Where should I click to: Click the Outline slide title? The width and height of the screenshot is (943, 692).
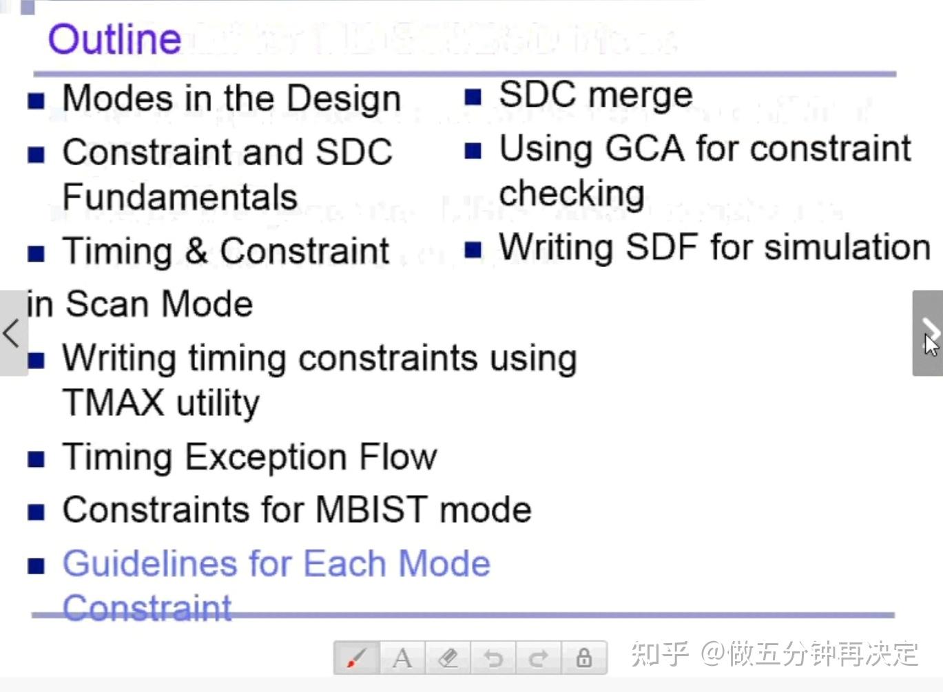[114, 39]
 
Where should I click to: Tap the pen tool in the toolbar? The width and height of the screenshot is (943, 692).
[356, 658]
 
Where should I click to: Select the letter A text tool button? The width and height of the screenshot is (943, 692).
[402, 658]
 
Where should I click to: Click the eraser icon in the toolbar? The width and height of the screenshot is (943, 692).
[448, 658]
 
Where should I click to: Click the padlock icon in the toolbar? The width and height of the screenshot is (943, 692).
[583, 658]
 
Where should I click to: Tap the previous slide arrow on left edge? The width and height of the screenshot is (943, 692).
[12, 333]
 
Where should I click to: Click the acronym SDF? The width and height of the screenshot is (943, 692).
[662, 247]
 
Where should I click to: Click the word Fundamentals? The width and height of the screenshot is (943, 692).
[180, 197]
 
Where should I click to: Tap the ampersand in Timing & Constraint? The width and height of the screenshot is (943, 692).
[196, 251]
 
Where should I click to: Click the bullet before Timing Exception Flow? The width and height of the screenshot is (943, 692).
[37, 459]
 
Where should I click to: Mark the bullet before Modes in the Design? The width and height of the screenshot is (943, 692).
[37, 101]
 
